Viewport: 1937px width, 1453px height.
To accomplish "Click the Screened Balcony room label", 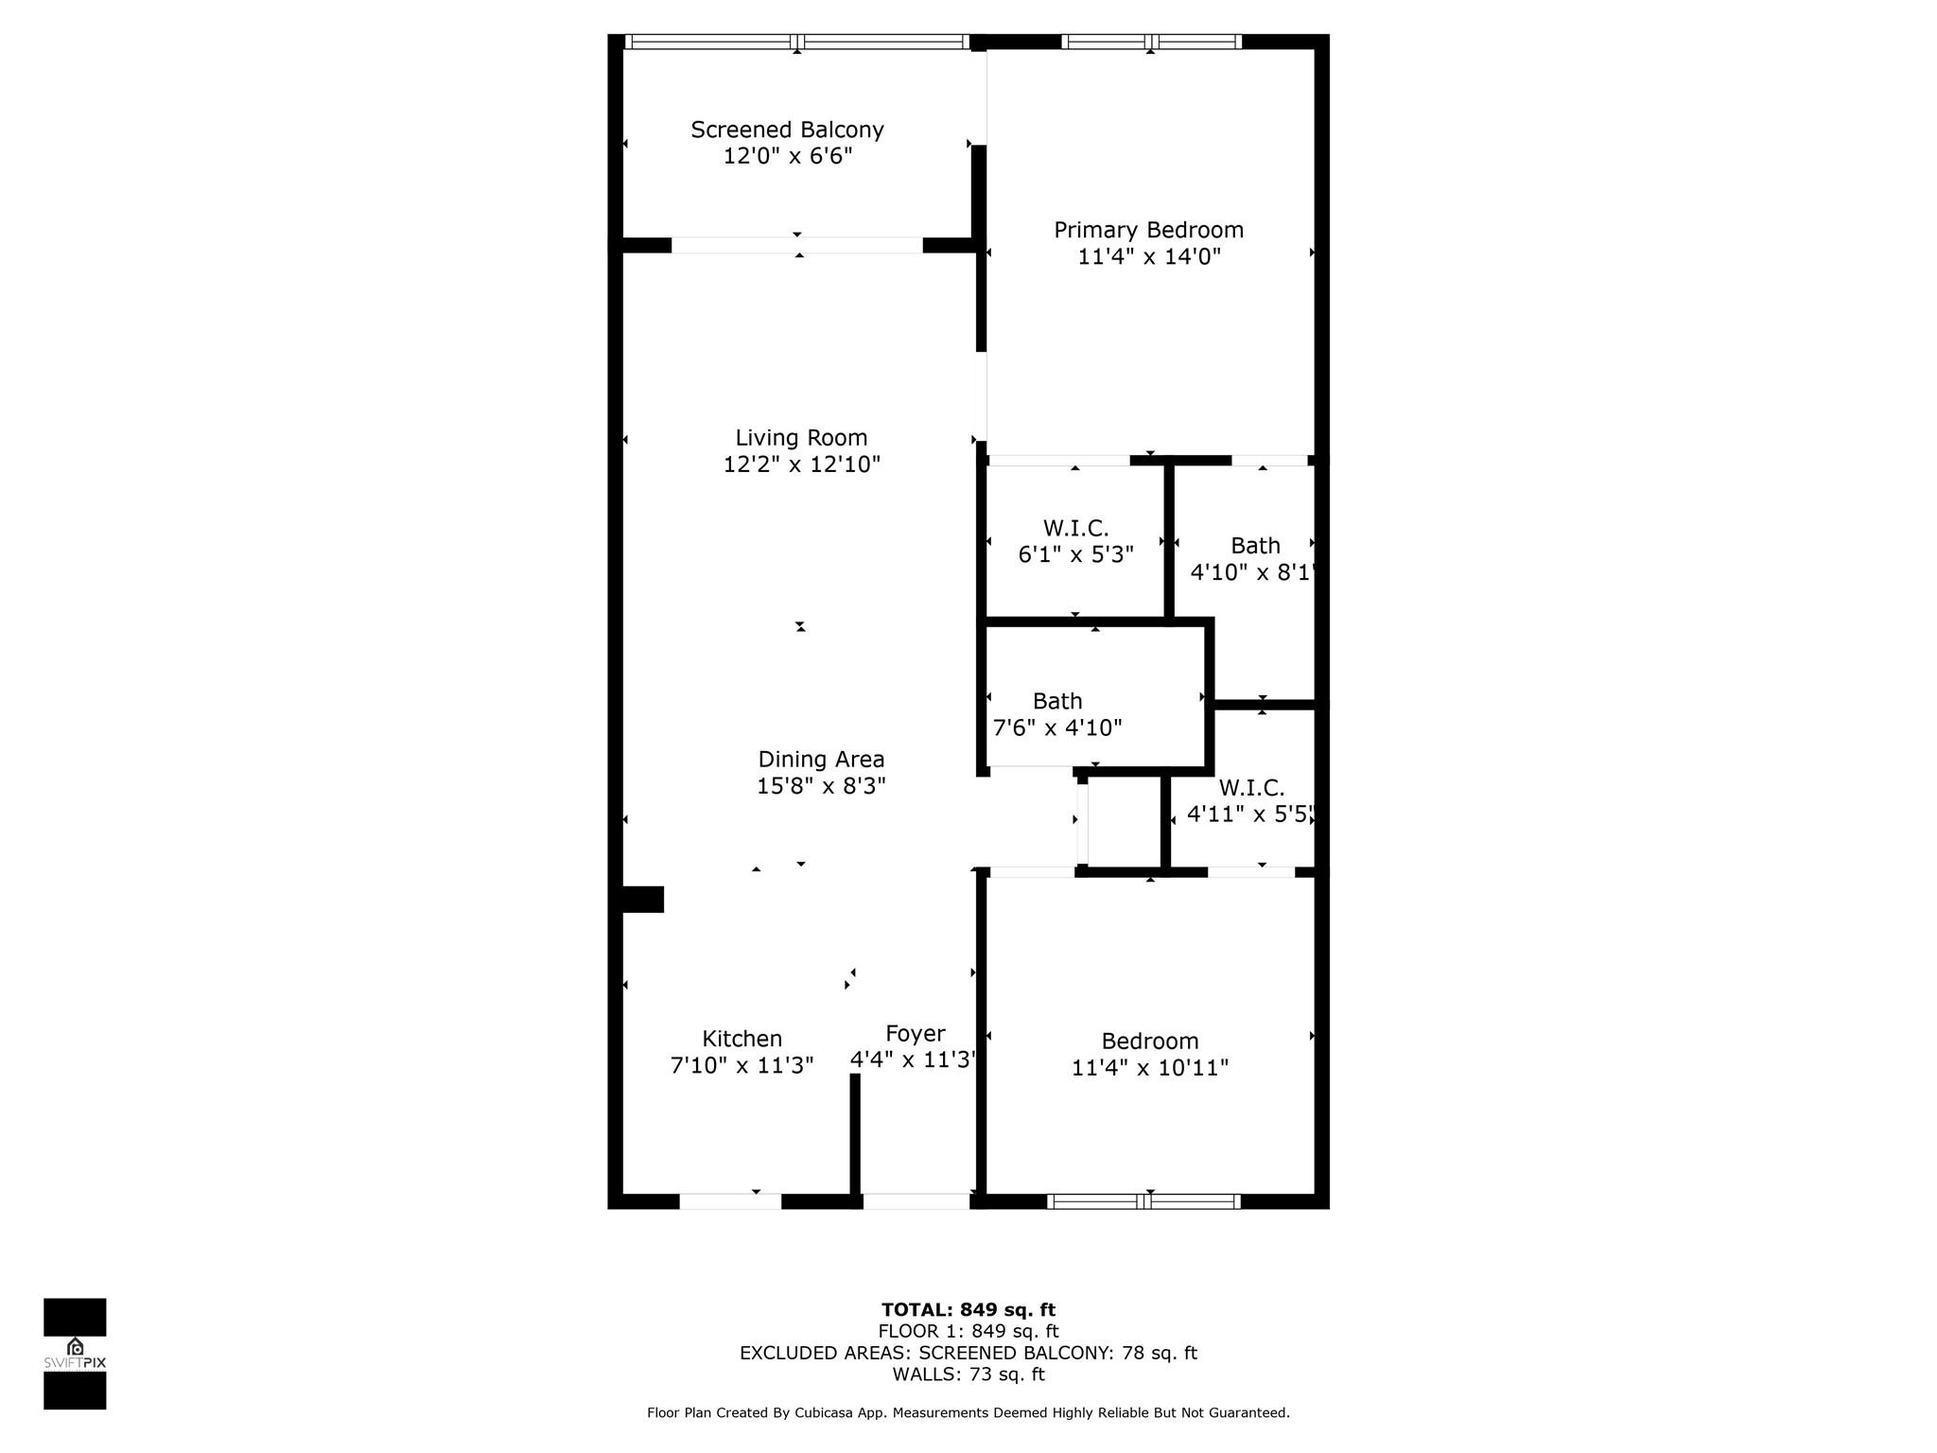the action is [x=787, y=130].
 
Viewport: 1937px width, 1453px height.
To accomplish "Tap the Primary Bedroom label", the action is [x=1148, y=230].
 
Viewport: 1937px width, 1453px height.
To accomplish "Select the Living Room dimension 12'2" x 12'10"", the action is [x=802, y=464].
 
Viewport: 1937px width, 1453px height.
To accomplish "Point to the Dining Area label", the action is [x=821, y=760].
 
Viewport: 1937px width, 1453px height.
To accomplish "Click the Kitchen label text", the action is [x=742, y=1039].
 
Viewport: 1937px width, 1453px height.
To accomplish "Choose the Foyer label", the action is [x=916, y=1034].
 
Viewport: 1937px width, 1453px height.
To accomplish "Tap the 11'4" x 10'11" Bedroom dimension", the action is [x=1150, y=1068].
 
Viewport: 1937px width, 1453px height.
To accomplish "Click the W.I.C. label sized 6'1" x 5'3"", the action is [x=1076, y=528].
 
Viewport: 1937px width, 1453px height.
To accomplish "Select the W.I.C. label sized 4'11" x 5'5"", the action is [x=1251, y=788].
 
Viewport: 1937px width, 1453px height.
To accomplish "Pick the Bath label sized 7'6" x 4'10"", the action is [x=1057, y=701].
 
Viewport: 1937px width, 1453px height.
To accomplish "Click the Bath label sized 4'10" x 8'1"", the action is [x=1255, y=546].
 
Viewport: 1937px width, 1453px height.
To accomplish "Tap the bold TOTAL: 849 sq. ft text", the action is [x=968, y=1310].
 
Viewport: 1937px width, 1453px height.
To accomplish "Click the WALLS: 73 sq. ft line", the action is [x=968, y=1374].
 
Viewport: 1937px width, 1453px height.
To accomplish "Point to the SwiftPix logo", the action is [x=75, y=1354].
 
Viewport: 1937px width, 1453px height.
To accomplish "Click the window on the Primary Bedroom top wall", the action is [x=1151, y=42].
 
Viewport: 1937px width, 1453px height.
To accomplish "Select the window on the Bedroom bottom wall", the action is [x=1143, y=1201].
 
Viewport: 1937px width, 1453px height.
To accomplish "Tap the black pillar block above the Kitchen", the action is [x=642, y=900].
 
